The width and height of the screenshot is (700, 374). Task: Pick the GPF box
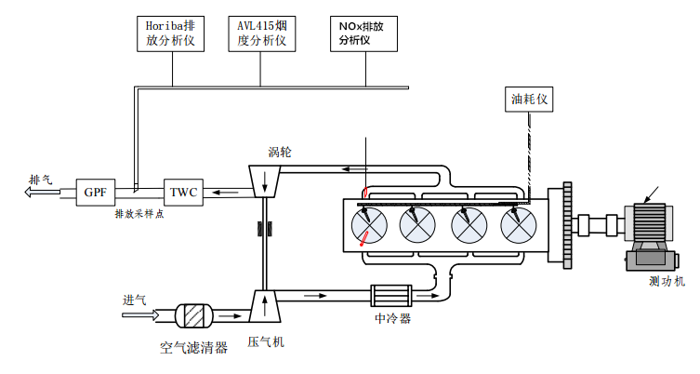pyautogui.click(x=96, y=193)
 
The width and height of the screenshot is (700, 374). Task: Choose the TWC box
pyautogui.click(x=184, y=193)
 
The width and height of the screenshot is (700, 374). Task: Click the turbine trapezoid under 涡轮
pyautogui.click(x=266, y=180)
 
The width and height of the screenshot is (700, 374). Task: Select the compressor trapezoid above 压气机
pyautogui.click(x=266, y=305)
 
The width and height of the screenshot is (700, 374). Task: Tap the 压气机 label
pyautogui.click(x=266, y=341)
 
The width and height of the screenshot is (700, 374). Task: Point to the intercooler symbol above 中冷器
pyautogui.click(x=391, y=297)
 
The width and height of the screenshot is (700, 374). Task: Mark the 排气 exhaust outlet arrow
pyautogui.click(x=43, y=193)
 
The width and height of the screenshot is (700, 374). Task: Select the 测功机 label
pyautogui.click(x=666, y=281)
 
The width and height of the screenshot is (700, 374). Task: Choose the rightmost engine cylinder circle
pyautogui.click(x=518, y=224)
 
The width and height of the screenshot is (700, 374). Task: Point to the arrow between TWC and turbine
pyautogui.click(x=224, y=193)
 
